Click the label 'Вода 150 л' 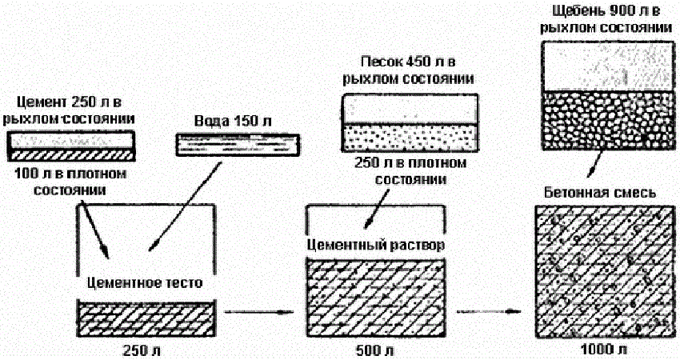(x=234, y=121)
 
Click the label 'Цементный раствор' (x=375, y=243)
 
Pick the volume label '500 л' (x=375, y=350)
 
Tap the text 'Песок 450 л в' (x=409, y=62)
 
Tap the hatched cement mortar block (x=375, y=298)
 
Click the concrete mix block (x=602, y=272)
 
